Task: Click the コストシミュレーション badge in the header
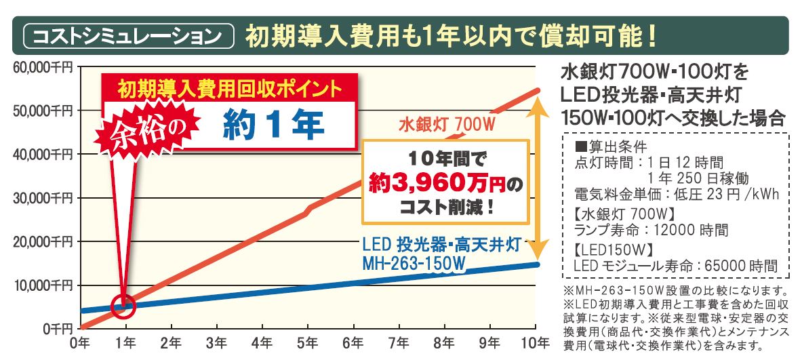[x=128, y=35]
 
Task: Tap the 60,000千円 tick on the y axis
[x=42, y=66]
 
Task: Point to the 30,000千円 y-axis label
[x=42, y=198]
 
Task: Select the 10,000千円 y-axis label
[x=42, y=285]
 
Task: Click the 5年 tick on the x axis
[x=308, y=344]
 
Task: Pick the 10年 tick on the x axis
[x=538, y=344]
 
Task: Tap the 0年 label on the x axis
[x=80, y=344]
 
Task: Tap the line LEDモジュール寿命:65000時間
[x=675, y=266]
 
